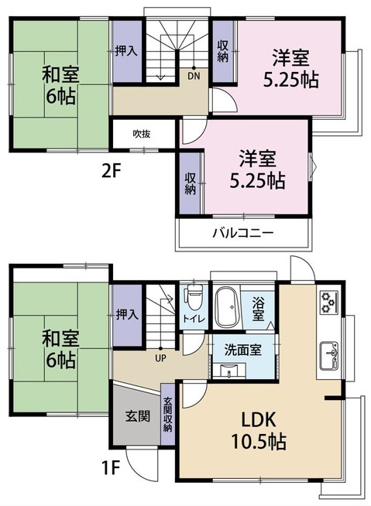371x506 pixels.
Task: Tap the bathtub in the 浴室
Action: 227,307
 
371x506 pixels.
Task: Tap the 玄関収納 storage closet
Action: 168,415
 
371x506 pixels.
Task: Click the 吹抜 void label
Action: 141,133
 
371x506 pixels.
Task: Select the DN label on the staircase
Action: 192,76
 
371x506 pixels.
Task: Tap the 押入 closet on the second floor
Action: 126,51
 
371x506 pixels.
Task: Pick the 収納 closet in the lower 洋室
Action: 190,183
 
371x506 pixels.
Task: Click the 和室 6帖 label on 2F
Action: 58,86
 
